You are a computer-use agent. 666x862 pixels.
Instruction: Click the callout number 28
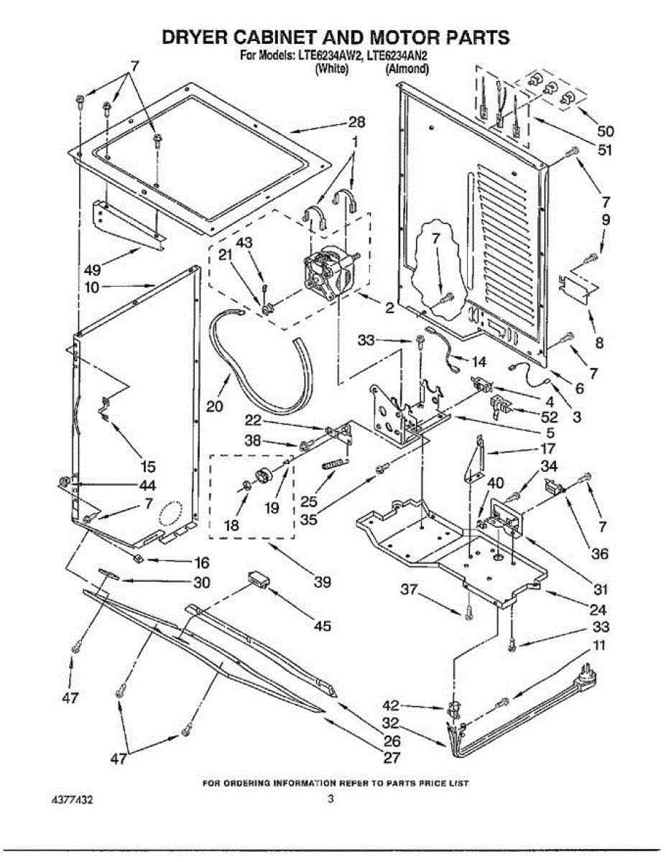click(357, 122)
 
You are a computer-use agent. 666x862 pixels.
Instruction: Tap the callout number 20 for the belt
click(215, 406)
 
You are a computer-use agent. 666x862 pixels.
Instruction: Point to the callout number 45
click(322, 626)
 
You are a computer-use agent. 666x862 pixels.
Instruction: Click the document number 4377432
click(72, 799)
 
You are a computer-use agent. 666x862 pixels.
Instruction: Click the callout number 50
click(605, 131)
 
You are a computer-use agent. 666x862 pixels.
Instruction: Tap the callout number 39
click(323, 583)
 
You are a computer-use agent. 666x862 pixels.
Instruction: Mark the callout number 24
click(597, 611)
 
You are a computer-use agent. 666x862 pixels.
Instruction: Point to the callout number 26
click(391, 742)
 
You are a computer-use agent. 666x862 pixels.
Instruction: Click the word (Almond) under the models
click(407, 70)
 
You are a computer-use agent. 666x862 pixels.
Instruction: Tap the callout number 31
click(601, 590)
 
